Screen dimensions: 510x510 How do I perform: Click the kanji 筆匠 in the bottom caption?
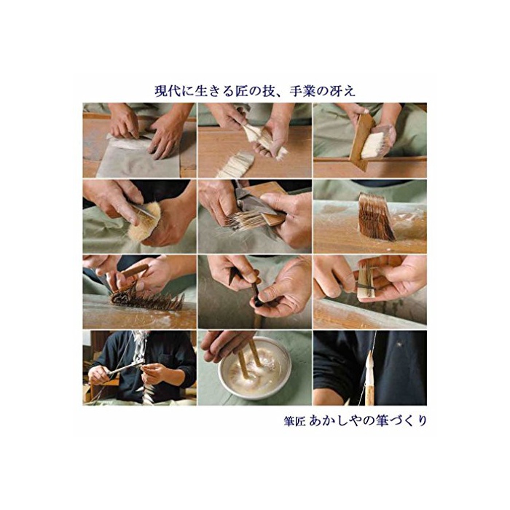click(x=294, y=421)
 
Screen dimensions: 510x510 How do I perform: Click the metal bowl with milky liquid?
click(x=254, y=368)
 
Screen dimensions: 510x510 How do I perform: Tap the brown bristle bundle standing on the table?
click(x=377, y=216)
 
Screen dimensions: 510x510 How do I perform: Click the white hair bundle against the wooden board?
click(x=374, y=145)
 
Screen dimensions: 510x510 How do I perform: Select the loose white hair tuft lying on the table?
click(x=236, y=165)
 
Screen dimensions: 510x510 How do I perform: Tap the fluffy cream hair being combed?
click(x=145, y=221)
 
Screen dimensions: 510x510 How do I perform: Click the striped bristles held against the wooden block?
click(x=246, y=219)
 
